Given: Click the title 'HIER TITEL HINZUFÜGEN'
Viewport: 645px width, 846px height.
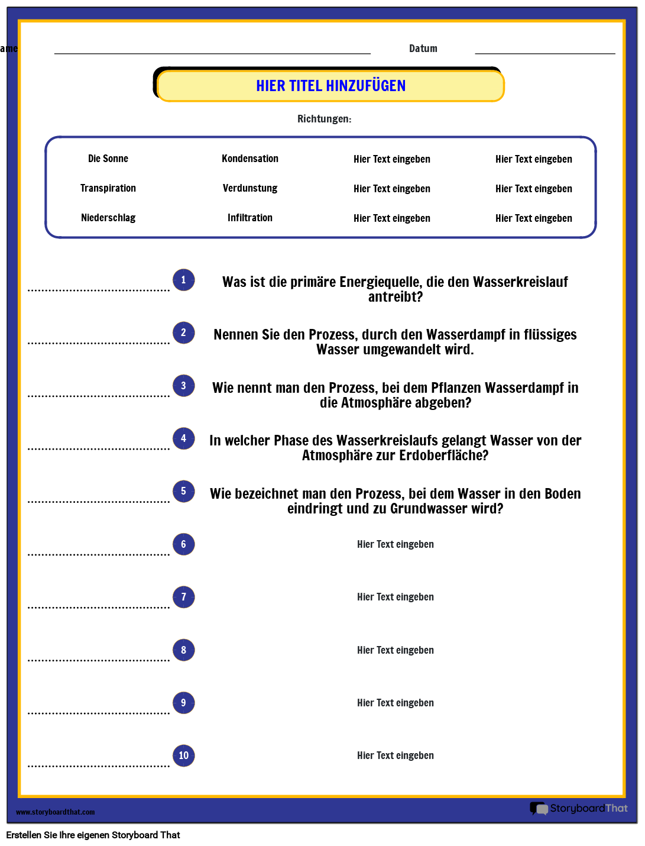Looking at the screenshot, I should click(330, 86).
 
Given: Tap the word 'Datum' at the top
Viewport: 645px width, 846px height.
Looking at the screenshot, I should click(423, 49).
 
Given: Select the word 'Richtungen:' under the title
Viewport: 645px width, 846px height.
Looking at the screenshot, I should click(324, 119).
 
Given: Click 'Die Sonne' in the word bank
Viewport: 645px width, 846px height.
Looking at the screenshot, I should click(108, 159).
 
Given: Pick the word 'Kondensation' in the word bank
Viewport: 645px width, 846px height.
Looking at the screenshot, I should click(250, 159).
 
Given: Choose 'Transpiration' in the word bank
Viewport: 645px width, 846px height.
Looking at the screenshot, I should click(108, 188).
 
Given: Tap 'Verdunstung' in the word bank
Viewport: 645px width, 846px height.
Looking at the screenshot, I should click(250, 188).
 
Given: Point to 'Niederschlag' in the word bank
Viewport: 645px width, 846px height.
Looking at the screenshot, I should click(108, 218).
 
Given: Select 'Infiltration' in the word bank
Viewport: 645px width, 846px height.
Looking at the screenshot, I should click(250, 218).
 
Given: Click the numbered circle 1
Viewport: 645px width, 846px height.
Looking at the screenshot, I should click(183, 280).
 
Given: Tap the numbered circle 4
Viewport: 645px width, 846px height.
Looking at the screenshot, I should click(183, 438).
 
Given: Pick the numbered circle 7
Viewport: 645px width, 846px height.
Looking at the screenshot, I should click(183, 597).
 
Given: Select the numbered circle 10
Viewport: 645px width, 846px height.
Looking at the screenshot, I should click(183, 755).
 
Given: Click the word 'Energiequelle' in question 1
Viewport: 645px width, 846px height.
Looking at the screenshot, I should click(381, 282).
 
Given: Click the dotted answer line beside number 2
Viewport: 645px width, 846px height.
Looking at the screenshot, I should click(99, 343).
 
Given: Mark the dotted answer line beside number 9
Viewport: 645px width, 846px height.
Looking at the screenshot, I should click(99, 713).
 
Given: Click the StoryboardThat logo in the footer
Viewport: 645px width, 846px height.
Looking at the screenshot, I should click(579, 808).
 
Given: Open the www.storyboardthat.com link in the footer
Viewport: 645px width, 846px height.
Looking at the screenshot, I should click(55, 812).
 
